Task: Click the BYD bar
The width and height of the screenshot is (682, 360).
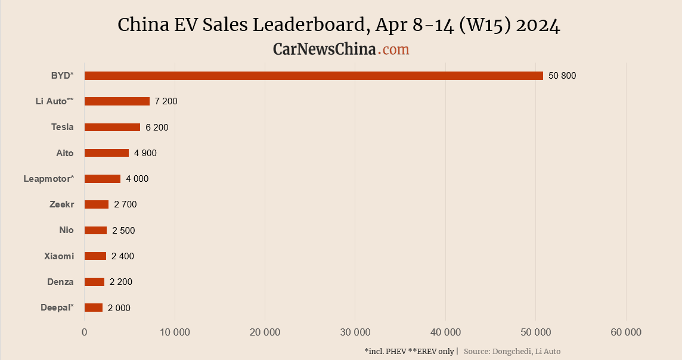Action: click(314, 76)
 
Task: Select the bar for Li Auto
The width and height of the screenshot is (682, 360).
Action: click(117, 101)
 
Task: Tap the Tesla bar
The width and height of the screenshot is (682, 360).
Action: click(112, 127)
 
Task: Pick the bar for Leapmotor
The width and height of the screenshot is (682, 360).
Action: click(103, 179)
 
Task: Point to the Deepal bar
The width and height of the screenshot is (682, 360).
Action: click(94, 308)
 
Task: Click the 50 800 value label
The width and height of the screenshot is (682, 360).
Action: click(562, 76)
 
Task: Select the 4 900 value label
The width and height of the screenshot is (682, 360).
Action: click(145, 153)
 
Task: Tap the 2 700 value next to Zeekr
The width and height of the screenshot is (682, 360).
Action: click(125, 204)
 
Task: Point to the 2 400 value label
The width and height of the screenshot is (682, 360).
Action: click(123, 256)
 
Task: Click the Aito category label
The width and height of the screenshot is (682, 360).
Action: click(65, 153)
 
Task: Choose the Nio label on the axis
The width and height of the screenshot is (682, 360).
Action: click(66, 230)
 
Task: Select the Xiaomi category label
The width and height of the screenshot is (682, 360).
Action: click(59, 256)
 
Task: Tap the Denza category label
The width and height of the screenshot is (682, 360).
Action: click(60, 282)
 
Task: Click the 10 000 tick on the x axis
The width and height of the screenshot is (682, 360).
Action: click(175, 333)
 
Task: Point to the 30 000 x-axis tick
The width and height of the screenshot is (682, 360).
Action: click(355, 333)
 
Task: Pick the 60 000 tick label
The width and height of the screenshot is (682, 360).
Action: click(626, 333)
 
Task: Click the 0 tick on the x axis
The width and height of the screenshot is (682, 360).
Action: click(85, 333)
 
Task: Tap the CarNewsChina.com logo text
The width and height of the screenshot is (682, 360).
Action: click(341, 49)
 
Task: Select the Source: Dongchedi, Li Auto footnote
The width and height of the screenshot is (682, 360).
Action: click(512, 352)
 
